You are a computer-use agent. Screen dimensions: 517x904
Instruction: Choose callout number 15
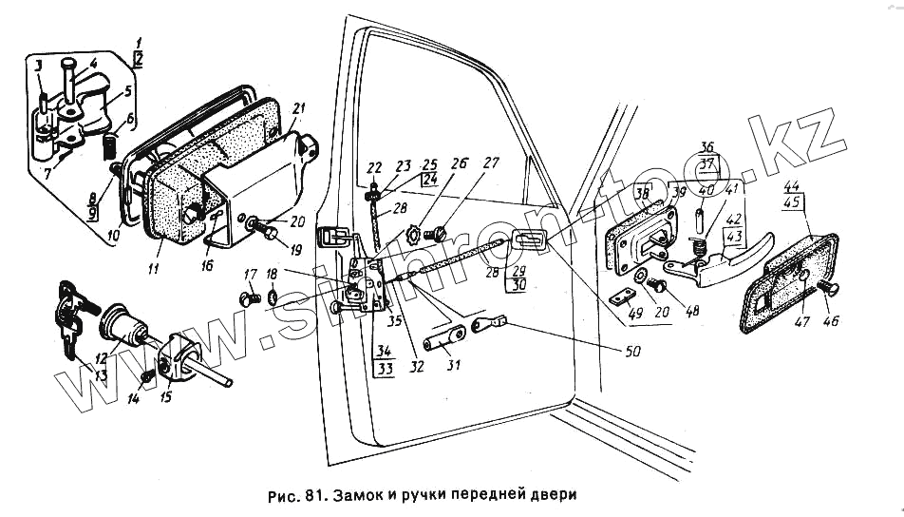166,396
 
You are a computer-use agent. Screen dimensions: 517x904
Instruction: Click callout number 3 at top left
38,65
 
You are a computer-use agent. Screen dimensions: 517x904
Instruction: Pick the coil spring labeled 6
107,147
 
